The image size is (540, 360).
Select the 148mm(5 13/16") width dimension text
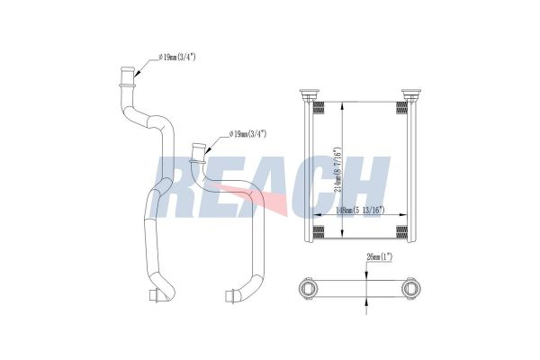[359, 210]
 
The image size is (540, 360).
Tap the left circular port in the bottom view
[309, 289]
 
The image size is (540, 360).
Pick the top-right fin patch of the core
[402, 109]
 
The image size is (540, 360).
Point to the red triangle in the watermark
[274, 205]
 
